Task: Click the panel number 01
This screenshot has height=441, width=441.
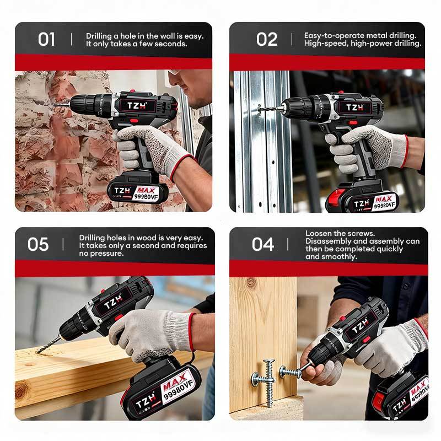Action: coord(46,39)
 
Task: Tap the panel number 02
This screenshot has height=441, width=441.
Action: coord(267,39)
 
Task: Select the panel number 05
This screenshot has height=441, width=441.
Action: coord(38,244)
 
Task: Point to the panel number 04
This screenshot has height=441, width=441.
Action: coord(263,244)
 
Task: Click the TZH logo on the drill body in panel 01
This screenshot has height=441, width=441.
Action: coord(137,106)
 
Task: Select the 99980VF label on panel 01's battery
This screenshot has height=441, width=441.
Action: coord(146,196)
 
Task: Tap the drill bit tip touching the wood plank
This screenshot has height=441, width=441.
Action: coord(39,351)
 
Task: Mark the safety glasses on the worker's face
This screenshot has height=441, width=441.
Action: coord(174,72)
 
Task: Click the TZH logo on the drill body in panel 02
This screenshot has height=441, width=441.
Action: coord(354,107)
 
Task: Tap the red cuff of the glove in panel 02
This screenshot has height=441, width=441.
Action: coord(405,151)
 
